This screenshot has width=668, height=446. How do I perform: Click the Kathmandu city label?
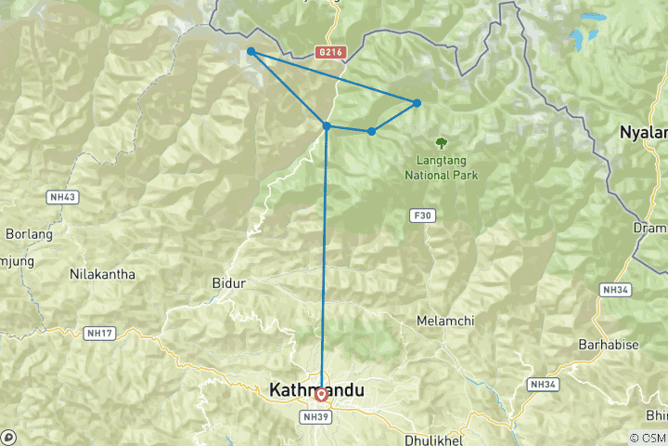[x=315, y=391]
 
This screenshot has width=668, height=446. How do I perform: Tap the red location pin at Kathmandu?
[x=321, y=394]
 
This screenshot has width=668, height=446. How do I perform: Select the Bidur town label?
[x=228, y=282]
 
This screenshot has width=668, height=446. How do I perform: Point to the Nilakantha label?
[x=102, y=274]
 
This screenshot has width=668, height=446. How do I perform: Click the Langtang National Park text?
[x=440, y=166]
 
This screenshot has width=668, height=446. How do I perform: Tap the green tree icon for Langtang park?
[x=440, y=144]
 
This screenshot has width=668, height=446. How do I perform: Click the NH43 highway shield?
[x=61, y=197]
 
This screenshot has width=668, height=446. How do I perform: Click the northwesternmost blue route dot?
[x=251, y=52]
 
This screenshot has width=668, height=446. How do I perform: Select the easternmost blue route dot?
[x=417, y=102]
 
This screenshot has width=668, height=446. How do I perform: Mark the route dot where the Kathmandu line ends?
[x=327, y=125]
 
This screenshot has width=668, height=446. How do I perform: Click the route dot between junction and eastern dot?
[x=371, y=131]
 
